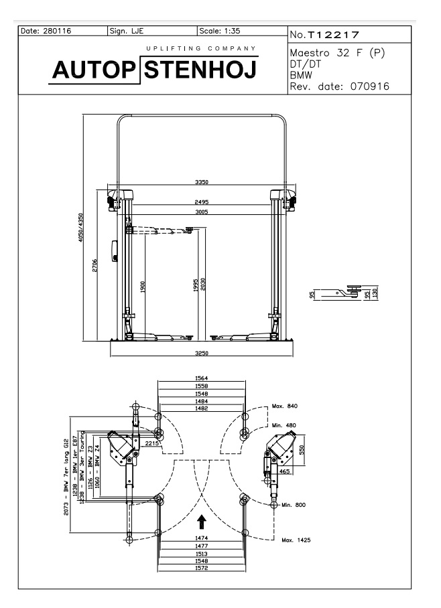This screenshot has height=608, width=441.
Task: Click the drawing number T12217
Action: coord(334,35)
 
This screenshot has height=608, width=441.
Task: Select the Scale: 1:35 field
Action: coord(220,31)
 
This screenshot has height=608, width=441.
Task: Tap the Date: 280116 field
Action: coord(46,31)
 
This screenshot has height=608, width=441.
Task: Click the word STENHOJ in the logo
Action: coord(200,70)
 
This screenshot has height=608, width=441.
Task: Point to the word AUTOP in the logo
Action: coord(94,70)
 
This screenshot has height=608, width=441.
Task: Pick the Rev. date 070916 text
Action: coord(339,86)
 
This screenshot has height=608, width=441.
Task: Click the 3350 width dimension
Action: coord(202,182)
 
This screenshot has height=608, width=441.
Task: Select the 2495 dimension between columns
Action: coord(202,202)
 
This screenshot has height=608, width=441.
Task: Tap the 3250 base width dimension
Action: coord(202,353)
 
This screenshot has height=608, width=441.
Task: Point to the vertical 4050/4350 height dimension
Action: coord(80,227)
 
